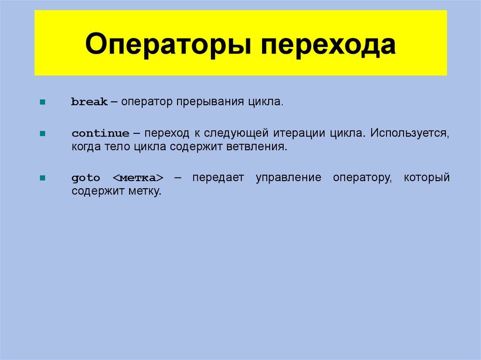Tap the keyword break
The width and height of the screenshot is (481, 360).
(x=89, y=102)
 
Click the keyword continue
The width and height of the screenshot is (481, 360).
(x=101, y=133)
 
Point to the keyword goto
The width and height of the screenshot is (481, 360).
(x=86, y=178)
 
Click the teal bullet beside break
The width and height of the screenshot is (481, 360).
(x=43, y=102)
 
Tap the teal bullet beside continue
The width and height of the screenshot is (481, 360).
(x=43, y=133)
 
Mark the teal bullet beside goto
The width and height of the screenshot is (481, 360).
(x=43, y=178)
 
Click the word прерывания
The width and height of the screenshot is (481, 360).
(x=210, y=102)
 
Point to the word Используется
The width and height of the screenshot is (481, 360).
(x=409, y=133)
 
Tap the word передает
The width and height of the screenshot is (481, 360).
(x=217, y=178)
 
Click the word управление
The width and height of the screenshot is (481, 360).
(x=288, y=178)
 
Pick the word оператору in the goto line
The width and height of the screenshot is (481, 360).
(x=362, y=178)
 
